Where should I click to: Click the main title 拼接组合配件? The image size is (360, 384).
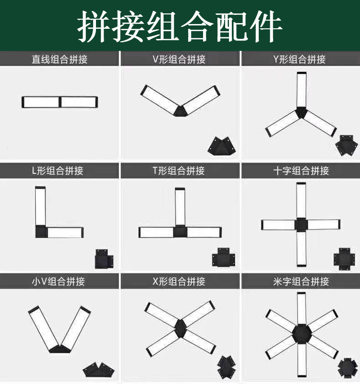click(x=180, y=26)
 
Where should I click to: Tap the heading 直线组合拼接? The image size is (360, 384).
click(x=60, y=59)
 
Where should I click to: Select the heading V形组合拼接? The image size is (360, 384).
click(x=179, y=59)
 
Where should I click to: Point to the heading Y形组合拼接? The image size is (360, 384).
click(x=299, y=59)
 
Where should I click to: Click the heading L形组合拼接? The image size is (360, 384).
click(x=58, y=171)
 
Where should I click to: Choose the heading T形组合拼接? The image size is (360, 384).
click(x=179, y=171)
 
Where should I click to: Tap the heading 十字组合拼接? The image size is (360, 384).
click(x=301, y=171)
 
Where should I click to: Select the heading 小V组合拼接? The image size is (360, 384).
click(x=58, y=281)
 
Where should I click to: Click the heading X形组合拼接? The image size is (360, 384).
click(x=179, y=281)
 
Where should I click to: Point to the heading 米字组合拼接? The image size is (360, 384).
click(x=301, y=281)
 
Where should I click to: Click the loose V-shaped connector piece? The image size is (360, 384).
click(x=222, y=146)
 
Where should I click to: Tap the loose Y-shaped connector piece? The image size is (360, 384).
click(x=347, y=145)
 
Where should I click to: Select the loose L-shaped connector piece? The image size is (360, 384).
click(x=104, y=259)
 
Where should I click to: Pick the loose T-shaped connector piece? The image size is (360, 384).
click(x=224, y=257)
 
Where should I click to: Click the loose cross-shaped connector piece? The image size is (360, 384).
click(x=344, y=259)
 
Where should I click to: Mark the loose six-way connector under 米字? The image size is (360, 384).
click(x=348, y=368)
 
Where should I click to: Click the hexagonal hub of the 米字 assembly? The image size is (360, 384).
click(x=302, y=333)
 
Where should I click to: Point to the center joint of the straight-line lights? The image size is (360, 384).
click(x=60, y=102)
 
